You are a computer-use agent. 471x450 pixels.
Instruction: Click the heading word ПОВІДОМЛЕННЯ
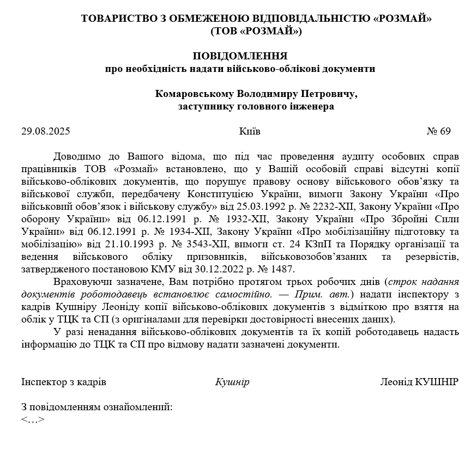point(240,56)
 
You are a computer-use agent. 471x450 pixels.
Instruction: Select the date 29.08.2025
point(46,131)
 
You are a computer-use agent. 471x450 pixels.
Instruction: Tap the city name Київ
point(250,131)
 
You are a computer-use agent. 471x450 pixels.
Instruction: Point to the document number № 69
point(438,131)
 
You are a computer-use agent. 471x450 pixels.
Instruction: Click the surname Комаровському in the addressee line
point(194,94)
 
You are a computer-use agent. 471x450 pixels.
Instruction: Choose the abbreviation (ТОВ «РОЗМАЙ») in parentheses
point(256,31)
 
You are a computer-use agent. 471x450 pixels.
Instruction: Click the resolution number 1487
point(281,269)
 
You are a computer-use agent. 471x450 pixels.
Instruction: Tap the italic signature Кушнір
point(232,382)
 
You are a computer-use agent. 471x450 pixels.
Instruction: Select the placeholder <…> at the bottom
point(33,419)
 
